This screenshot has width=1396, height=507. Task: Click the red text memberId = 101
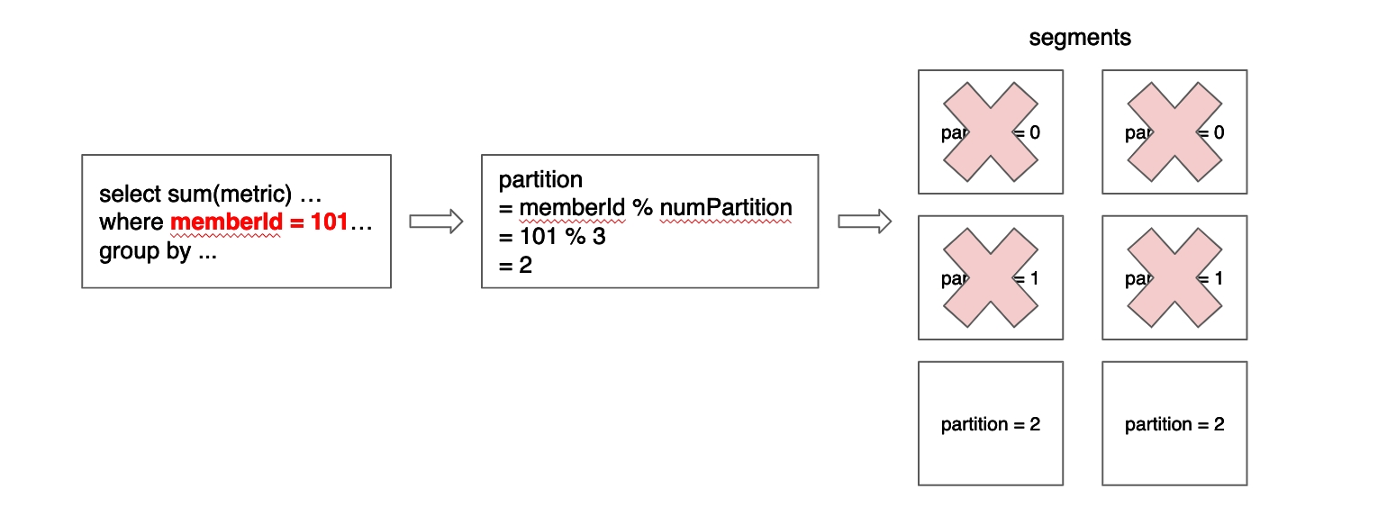[x=259, y=222]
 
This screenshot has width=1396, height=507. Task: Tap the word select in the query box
[x=130, y=195]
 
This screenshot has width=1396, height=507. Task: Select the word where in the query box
[x=131, y=222]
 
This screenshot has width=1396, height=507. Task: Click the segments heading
[x=1080, y=38]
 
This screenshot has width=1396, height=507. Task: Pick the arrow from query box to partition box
[x=436, y=222]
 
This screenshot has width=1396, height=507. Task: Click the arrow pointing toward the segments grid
[x=865, y=222]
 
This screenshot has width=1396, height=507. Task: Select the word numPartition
[x=726, y=208]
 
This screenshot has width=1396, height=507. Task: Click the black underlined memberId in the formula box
[x=572, y=208]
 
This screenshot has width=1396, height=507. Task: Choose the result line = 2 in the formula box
[x=516, y=265]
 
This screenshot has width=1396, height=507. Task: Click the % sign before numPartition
[x=641, y=208]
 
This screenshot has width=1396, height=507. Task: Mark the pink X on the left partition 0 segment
[x=991, y=131]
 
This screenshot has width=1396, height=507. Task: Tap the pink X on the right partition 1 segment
[x=1174, y=277]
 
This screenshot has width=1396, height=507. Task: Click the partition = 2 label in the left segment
[x=991, y=424]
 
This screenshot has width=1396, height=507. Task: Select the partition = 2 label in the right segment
[x=1174, y=424]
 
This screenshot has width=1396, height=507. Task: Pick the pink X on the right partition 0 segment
[x=1174, y=131]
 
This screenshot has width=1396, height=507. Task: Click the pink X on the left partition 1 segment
[x=991, y=277]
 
